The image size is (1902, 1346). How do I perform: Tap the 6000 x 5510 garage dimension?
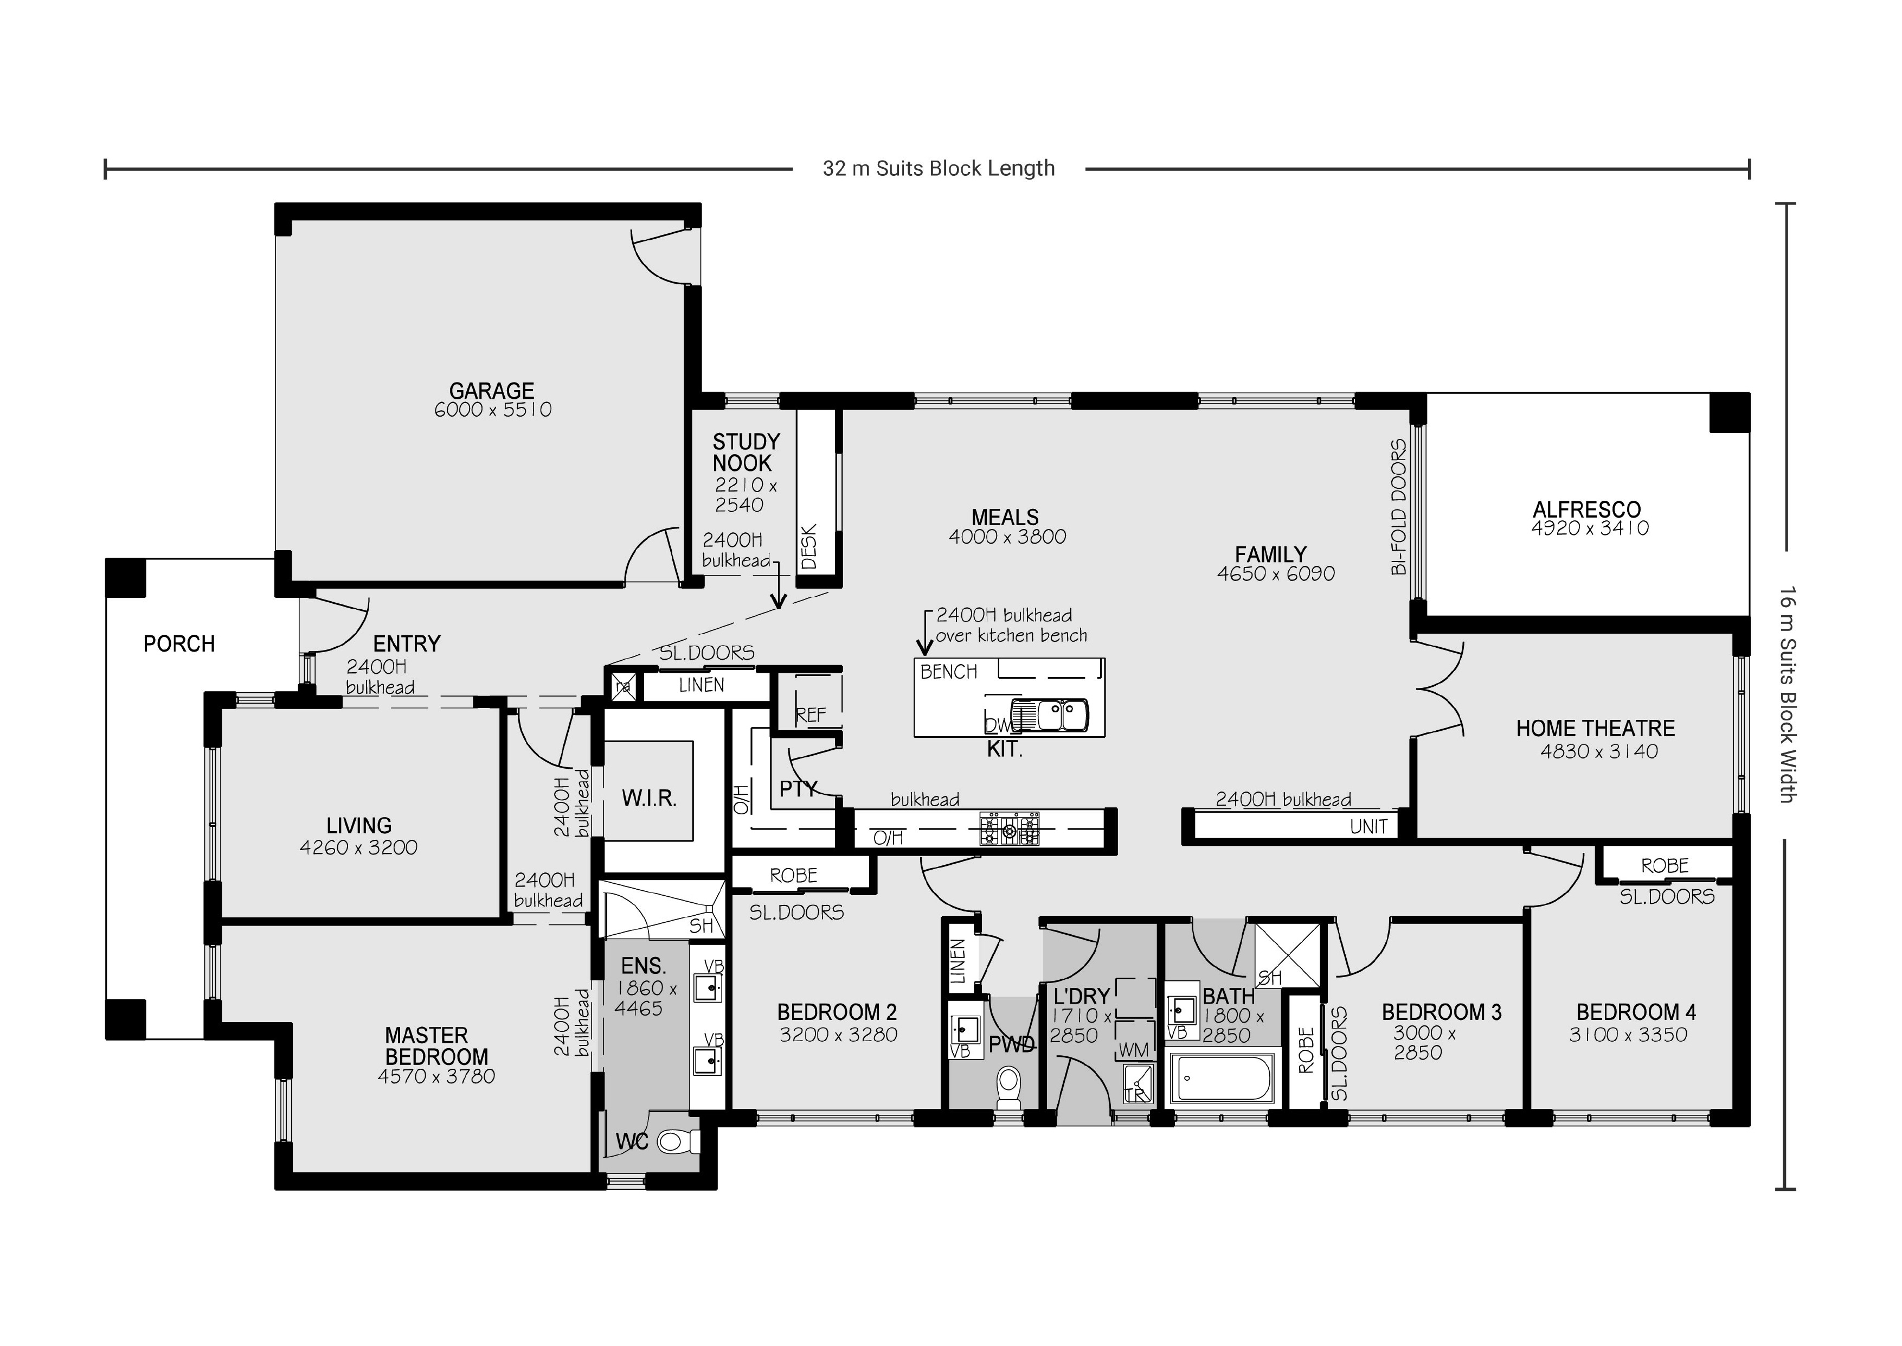click(493, 410)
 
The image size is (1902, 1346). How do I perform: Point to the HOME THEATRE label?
click(1596, 729)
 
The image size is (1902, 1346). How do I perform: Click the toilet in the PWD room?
click(1008, 1086)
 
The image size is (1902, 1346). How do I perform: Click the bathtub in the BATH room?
click(1223, 1079)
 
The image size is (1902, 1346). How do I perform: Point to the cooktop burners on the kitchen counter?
click(1009, 829)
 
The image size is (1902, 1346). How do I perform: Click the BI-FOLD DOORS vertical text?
click(1398, 507)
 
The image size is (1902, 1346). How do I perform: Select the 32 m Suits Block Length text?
click(939, 168)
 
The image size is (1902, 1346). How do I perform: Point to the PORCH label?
click(179, 643)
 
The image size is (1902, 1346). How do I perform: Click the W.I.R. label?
click(650, 799)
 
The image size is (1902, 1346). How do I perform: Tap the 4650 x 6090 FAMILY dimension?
click(1276, 573)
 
